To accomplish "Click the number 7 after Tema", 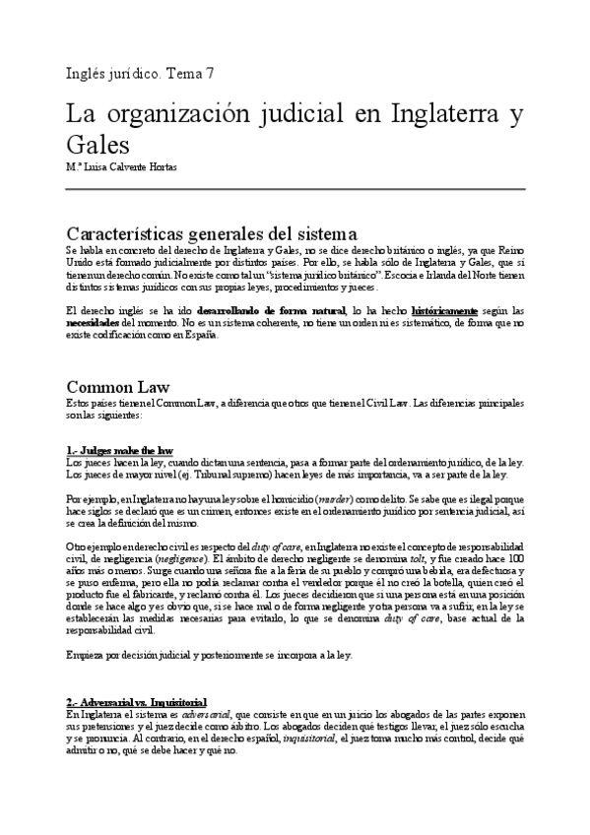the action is point(210,73).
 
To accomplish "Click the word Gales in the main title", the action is point(98,145).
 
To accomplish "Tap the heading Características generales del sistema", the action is point(211,234).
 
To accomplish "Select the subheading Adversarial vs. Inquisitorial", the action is point(136,701).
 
